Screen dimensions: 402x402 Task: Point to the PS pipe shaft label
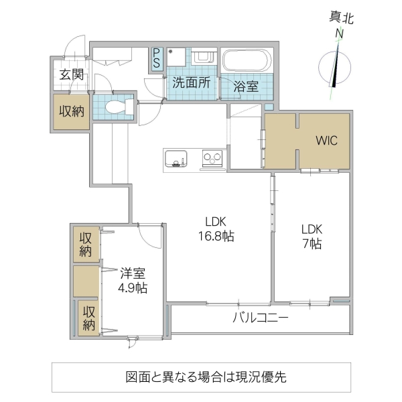click(157, 58)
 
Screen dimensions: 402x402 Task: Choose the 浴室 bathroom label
click(246, 86)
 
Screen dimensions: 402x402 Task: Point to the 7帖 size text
click(311, 244)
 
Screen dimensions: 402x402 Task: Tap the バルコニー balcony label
click(261, 317)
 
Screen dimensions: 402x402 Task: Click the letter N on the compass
click(340, 33)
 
